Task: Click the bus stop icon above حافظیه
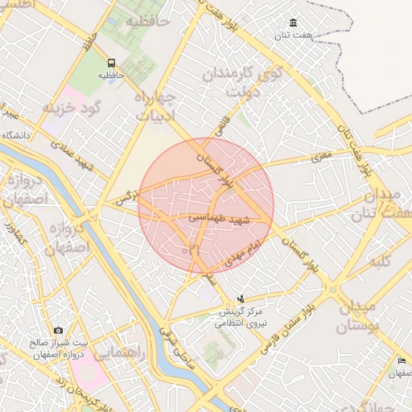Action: click(111, 63)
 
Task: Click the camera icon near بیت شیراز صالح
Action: click(58, 331)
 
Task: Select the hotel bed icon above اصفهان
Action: click(402, 361)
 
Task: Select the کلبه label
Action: click(379, 264)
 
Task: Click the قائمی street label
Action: click(220, 126)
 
